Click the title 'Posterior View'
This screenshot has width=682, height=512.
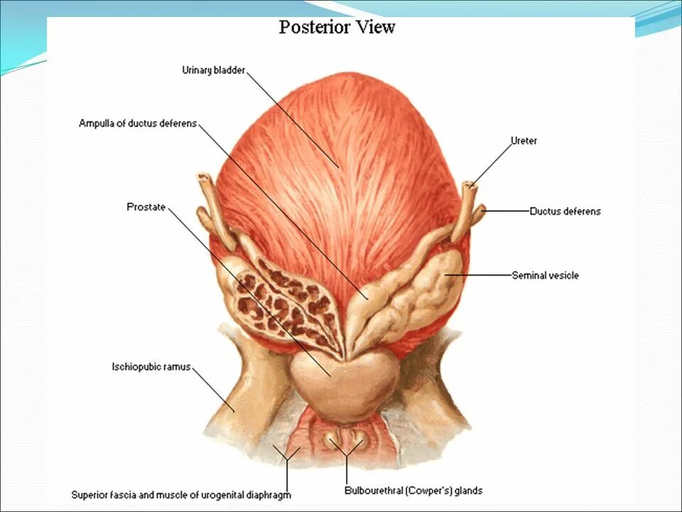click(x=337, y=28)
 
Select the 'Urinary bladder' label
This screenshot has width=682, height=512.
click(x=213, y=70)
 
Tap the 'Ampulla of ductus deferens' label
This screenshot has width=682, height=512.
click(x=138, y=124)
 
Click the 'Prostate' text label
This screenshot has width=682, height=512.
click(x=146, y=208)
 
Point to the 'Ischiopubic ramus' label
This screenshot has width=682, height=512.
click(x=151, y=367)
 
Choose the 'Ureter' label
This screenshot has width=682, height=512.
click(x=524, y=141)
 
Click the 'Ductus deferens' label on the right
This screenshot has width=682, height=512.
click(x=565, y=211)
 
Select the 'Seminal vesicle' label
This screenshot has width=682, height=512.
click(x=545, y=275)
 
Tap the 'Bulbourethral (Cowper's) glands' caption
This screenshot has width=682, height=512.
click(x=413, y=491)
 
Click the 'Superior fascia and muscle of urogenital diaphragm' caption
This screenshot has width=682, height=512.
click(x=181, y=494)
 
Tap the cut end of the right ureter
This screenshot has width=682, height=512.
click(x=469, y=188)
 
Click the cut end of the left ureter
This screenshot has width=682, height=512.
click(x=205, y=177)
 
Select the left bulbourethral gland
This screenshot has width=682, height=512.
click(x=330, y=441)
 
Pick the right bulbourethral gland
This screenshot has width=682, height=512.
click(x=358, y=441)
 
